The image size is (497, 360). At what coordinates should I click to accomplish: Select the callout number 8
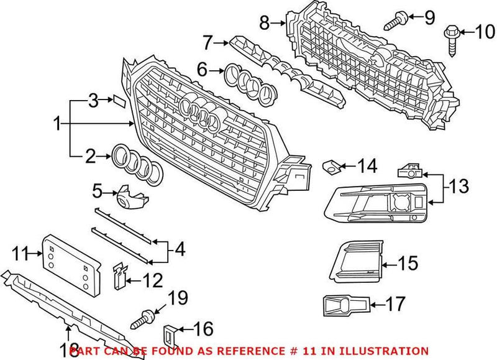pos(265,24)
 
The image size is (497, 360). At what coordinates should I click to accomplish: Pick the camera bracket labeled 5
pos(130,197)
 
